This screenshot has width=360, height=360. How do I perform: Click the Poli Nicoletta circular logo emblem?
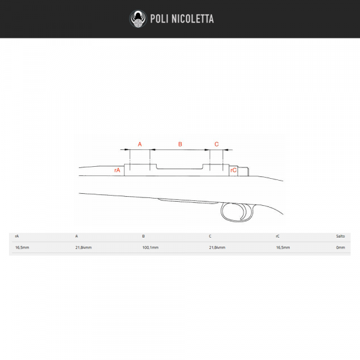click(x=138, y=19)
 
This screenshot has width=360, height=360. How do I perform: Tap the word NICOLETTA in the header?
click(x=193, y=19)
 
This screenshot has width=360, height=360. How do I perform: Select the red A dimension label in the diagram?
click(x=140, y=144)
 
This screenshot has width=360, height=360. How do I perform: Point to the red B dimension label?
click(x=180, y=144)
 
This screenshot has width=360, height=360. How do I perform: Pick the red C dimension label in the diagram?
click(x=217, y=144)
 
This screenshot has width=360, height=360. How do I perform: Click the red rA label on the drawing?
click(x=117, y=170)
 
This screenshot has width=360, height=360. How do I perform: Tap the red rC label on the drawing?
click(x=233, y=170)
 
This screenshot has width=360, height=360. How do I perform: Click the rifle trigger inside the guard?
click(x=243, y=212)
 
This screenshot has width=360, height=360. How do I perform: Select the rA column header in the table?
click(x=17, y=236)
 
